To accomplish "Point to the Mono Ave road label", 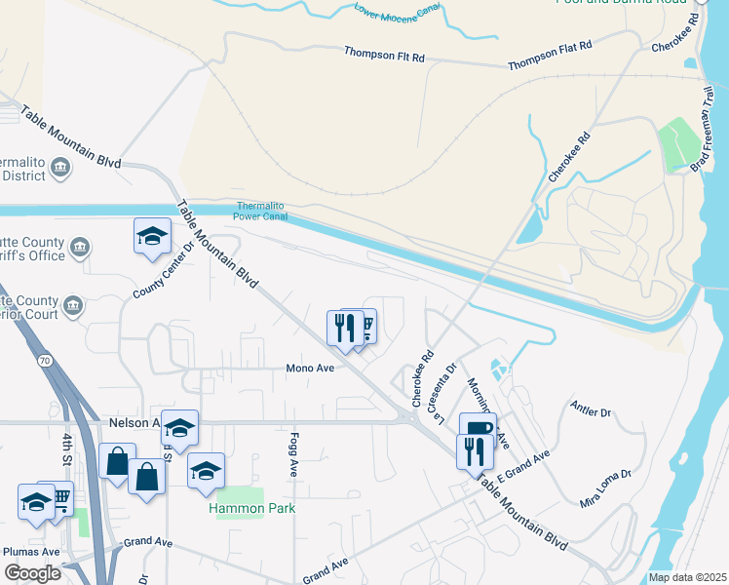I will [310, 369].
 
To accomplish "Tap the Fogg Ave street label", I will [292, 455].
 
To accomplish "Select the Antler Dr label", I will [591, 412].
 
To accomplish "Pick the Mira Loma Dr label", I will [605, 488].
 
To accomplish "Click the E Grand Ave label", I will [523, 469].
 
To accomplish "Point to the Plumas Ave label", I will [32, 551].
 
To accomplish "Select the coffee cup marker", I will [478, 428].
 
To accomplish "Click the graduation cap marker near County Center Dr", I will [152, 236].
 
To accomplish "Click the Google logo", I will [33, 572].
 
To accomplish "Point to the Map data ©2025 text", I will [688, 577].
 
